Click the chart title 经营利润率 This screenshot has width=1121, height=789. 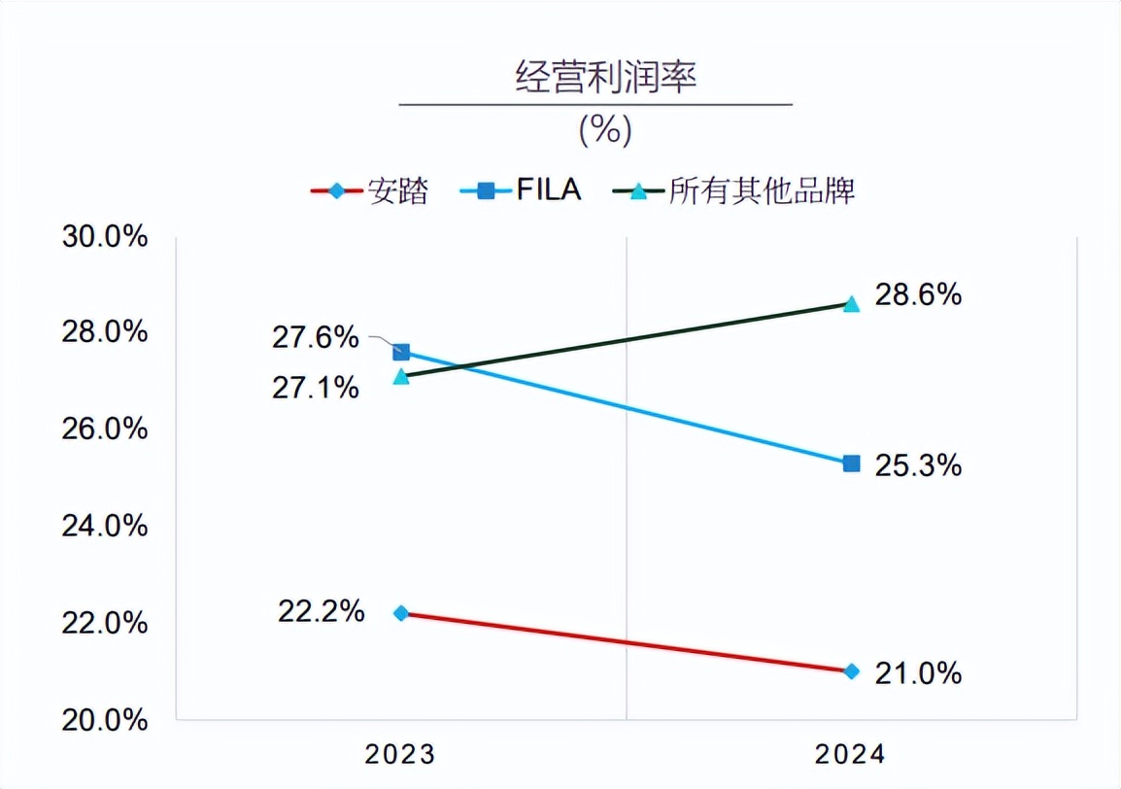[605, 78]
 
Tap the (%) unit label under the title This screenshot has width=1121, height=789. [605, 129]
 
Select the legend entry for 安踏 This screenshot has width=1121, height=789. [370, 190]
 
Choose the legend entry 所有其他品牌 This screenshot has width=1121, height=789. [734, 190]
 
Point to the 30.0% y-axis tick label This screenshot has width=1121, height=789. [104, 236]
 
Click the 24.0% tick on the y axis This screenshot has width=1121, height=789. [104, 526]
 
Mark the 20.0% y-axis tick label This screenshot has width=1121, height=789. [104, 720]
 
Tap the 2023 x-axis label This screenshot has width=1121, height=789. [400, 754]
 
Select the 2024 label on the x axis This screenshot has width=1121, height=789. [851, 754]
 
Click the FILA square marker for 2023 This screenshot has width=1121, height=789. [401, 352]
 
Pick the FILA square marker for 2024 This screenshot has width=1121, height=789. [851, 463]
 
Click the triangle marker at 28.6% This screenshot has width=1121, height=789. [851, 303]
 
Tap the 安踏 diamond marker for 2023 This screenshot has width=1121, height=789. [401, 613]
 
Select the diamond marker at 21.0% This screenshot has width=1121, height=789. [851, 671]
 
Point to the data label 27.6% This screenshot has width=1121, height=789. [316, 338]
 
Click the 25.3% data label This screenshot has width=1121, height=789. [918, 466]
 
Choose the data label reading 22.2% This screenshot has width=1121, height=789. [322, 612]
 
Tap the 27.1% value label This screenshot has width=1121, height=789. [316, 389]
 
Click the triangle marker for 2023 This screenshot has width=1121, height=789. [401, 376]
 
